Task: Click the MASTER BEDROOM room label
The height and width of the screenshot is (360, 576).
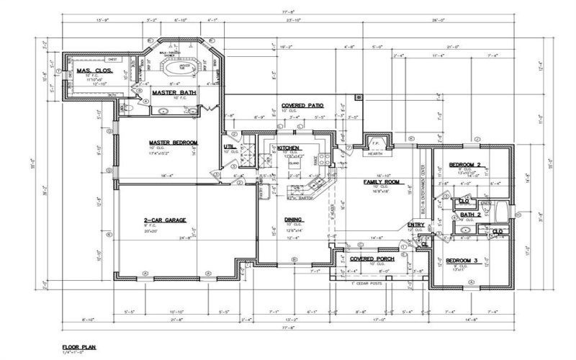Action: [x=173, y=143]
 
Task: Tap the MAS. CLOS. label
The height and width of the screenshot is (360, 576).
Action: [x=92, y=71]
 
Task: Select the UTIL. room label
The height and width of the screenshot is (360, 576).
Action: [x=231, y=147]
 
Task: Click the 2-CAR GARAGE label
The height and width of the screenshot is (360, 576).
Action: [x=164, y=219]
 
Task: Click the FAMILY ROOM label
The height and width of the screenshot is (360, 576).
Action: [x=382, y=182]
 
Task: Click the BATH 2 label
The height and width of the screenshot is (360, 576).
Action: [x=470, y=215]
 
